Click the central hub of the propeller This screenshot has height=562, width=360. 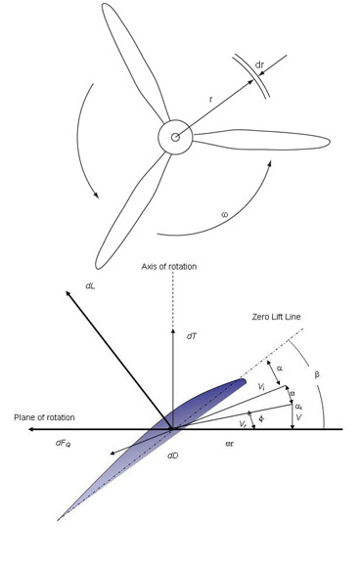click(x=175, y=137)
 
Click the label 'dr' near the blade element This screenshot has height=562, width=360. click(x=259, y=66)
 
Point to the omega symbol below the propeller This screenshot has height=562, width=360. click(x=224, y=213)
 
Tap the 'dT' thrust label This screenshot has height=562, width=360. click(x=192, y=335)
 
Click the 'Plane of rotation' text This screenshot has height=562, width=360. click(x=44, y=418)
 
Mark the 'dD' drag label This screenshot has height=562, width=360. click(x=172, y=455)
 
